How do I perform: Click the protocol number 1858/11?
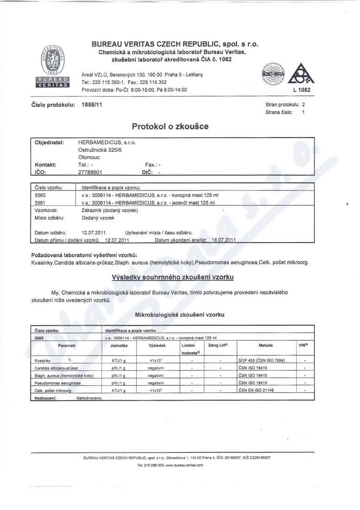click(92, 105)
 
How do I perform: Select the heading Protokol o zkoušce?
click(170, 126)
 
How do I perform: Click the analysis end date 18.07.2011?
click(224, 240)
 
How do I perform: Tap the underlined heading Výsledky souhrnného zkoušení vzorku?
click(173, 277)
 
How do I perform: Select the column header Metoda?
click(265, 345)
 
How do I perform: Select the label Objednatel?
click(50, 142)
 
